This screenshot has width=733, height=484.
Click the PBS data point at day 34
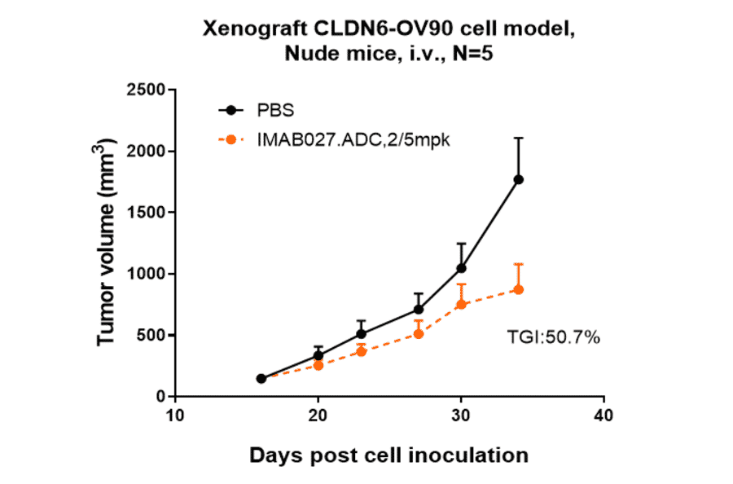pos(518,179)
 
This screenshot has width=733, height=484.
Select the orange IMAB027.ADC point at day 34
pos(518,289)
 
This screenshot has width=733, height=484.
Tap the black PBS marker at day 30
pos(461,268)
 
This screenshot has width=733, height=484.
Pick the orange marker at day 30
pos(461,304)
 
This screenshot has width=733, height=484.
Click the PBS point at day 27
pos(419,309)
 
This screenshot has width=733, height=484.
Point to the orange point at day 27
pos(419,333)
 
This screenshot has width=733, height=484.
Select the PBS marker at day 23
pos(362,333)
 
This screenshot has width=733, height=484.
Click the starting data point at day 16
pos(261,378)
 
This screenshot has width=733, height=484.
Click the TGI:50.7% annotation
pos(554,337)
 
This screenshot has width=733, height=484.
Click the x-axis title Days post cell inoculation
pos(389,455)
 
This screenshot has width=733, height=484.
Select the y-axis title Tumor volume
pos(107,242)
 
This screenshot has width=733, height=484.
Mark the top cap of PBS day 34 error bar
pos(518,138)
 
